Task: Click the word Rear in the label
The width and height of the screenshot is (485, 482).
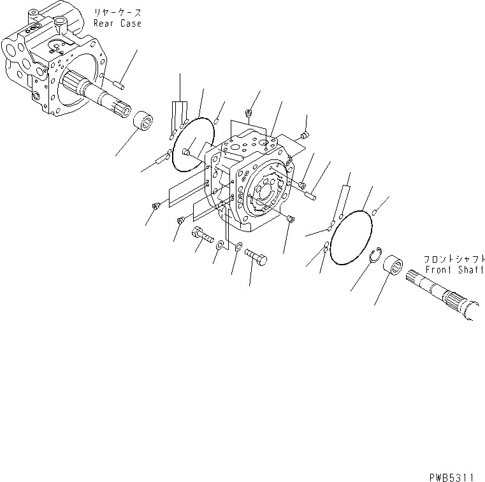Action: (x=103, y=24)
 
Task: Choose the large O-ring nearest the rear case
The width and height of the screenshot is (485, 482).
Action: (x=193, y=146)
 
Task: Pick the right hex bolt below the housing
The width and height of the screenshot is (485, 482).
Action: (x=256, y=258)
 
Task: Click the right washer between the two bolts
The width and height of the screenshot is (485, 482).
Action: (x=237, y=249)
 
